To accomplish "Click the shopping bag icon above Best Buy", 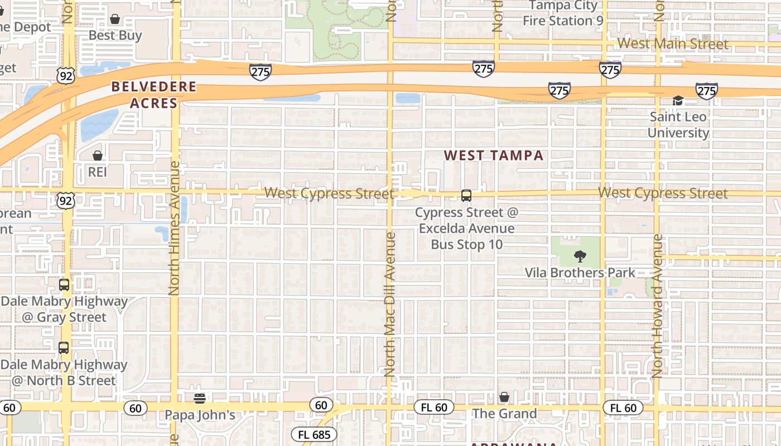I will [x=115, y=20].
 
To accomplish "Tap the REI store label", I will [x=97, y=172].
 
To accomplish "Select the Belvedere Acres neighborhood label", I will [x=153, y=95].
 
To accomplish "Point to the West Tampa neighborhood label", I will [x=494, y=156].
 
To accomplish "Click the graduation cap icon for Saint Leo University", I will [x=678, y=101].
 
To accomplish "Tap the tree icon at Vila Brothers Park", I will [x=580, y=257].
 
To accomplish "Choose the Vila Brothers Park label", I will [x=580, y=273].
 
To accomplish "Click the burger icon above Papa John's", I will [x=200, y=398].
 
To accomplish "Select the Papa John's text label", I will [x=200, y=415].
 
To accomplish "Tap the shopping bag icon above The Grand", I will [x=504, y=397].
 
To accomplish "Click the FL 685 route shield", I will [x=314, y=434].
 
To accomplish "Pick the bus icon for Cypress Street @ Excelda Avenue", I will [x=466, y=196].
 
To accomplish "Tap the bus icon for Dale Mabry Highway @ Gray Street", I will [x=64, y=285].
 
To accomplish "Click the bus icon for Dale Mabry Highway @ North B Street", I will [x=64, y=348].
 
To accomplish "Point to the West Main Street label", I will [x=673, y=43].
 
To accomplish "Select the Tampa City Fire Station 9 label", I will [x=563, y=13].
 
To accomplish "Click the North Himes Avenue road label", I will [x=175, y=228].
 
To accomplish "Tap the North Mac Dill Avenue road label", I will [x=390, y=304].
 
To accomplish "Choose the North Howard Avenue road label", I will [x=658, y=306].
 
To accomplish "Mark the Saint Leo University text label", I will [x=678, y=125].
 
